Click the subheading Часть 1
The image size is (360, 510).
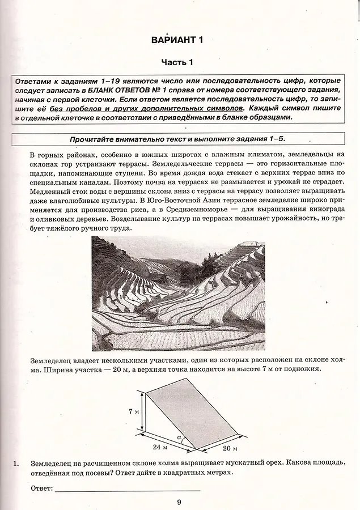[x=177, y=62]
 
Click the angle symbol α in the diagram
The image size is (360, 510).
[x=179, y=437]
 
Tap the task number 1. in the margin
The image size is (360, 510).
[x=17, y=464]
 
